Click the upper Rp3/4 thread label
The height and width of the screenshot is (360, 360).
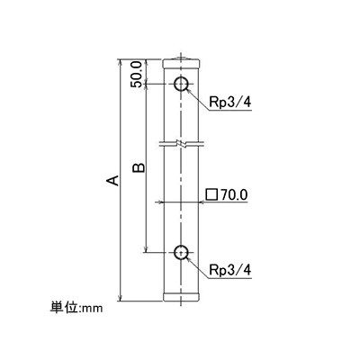[230, 103]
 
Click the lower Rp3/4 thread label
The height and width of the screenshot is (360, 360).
[230, 270]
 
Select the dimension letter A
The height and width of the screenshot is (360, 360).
[112, 180]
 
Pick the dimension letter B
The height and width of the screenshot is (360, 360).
[139, 168]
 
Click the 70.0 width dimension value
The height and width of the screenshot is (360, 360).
[234, 194]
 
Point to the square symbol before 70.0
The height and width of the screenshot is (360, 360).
[211, 194]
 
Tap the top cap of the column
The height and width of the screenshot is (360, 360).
[181, 64]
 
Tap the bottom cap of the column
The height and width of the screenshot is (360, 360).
[181, 297]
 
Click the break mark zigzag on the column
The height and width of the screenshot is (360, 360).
[181, 143]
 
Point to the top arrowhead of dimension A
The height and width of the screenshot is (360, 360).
[120, 62]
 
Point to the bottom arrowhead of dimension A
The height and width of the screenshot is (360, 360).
[120, 299]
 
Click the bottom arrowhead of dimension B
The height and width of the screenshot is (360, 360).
[146, 249]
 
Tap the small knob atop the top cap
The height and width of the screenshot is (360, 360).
[180, 58]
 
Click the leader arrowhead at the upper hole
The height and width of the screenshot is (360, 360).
[189, 91]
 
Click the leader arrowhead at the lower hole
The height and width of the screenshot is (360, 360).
[189, 259]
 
